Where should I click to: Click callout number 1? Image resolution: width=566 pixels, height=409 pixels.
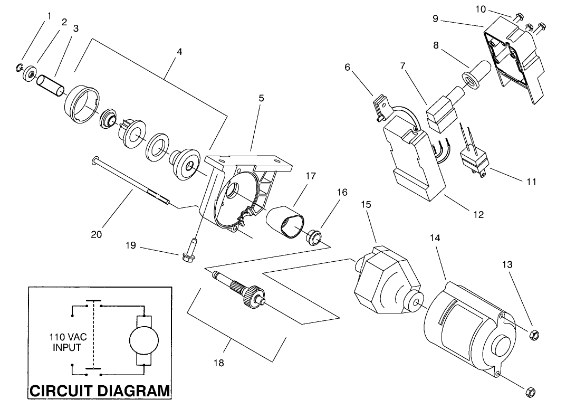pos(49,16)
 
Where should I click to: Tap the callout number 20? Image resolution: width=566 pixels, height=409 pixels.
pos(96,234)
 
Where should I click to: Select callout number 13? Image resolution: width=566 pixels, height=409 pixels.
pos(507,265)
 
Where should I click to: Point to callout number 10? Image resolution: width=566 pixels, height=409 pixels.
pos(480,9)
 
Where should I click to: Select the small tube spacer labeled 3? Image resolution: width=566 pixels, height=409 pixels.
pos(52,85)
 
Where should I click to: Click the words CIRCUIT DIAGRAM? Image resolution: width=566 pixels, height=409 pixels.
pos(100,391)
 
